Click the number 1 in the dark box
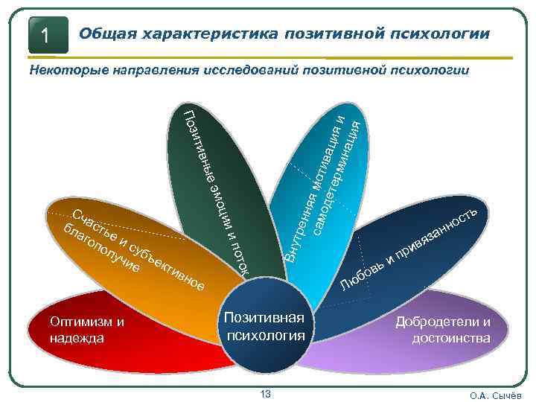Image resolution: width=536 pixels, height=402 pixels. (46, 36)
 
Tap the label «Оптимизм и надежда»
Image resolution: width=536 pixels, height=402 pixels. (85, 330)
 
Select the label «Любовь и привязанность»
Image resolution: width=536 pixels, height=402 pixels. (410, 246)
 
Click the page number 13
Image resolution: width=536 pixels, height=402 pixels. (266, 393)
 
